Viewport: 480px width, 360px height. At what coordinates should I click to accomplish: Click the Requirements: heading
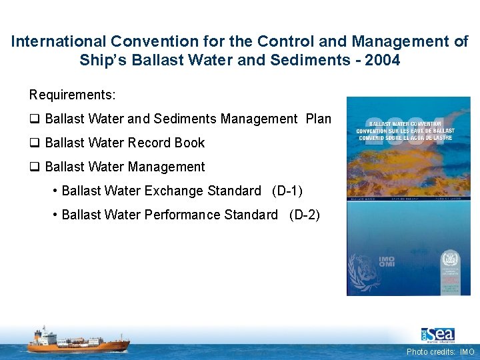(72, 95)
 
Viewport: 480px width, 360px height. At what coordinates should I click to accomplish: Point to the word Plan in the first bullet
(318, 119)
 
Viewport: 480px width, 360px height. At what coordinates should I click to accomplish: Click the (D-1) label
(287, 191)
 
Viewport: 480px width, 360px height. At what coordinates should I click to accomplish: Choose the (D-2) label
(304, 215)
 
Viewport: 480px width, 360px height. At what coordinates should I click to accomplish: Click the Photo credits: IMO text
(441, 352)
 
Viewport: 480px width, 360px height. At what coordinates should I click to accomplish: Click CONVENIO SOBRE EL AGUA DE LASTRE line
(404, 138)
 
